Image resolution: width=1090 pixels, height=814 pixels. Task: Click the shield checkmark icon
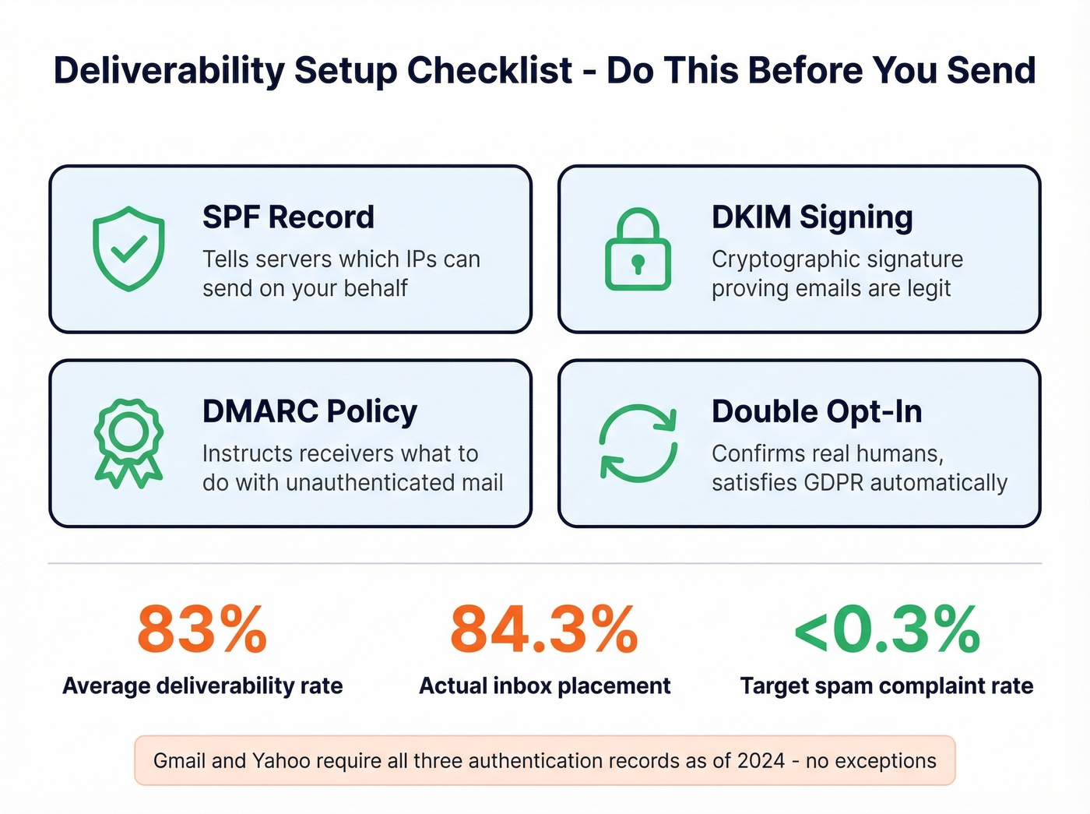128,248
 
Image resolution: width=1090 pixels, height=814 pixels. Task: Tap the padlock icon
638,250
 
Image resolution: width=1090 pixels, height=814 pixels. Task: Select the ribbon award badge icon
128,442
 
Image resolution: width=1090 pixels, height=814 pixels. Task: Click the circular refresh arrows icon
638,442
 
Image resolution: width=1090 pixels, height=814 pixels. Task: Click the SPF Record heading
288,217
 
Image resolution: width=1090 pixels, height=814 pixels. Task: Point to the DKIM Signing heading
811,217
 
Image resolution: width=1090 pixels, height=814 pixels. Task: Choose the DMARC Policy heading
309,411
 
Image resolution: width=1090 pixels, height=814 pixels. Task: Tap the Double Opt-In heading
816,411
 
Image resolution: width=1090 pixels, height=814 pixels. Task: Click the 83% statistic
202,629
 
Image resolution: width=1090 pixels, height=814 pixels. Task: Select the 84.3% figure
544,629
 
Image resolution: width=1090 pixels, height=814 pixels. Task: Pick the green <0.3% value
886,629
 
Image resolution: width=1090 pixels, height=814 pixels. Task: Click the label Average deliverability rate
202,686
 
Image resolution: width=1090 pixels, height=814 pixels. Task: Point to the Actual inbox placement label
544,686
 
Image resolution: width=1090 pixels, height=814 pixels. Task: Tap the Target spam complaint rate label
886,686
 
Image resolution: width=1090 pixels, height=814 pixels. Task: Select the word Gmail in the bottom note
179,760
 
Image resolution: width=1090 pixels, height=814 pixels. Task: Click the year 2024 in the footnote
761,760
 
